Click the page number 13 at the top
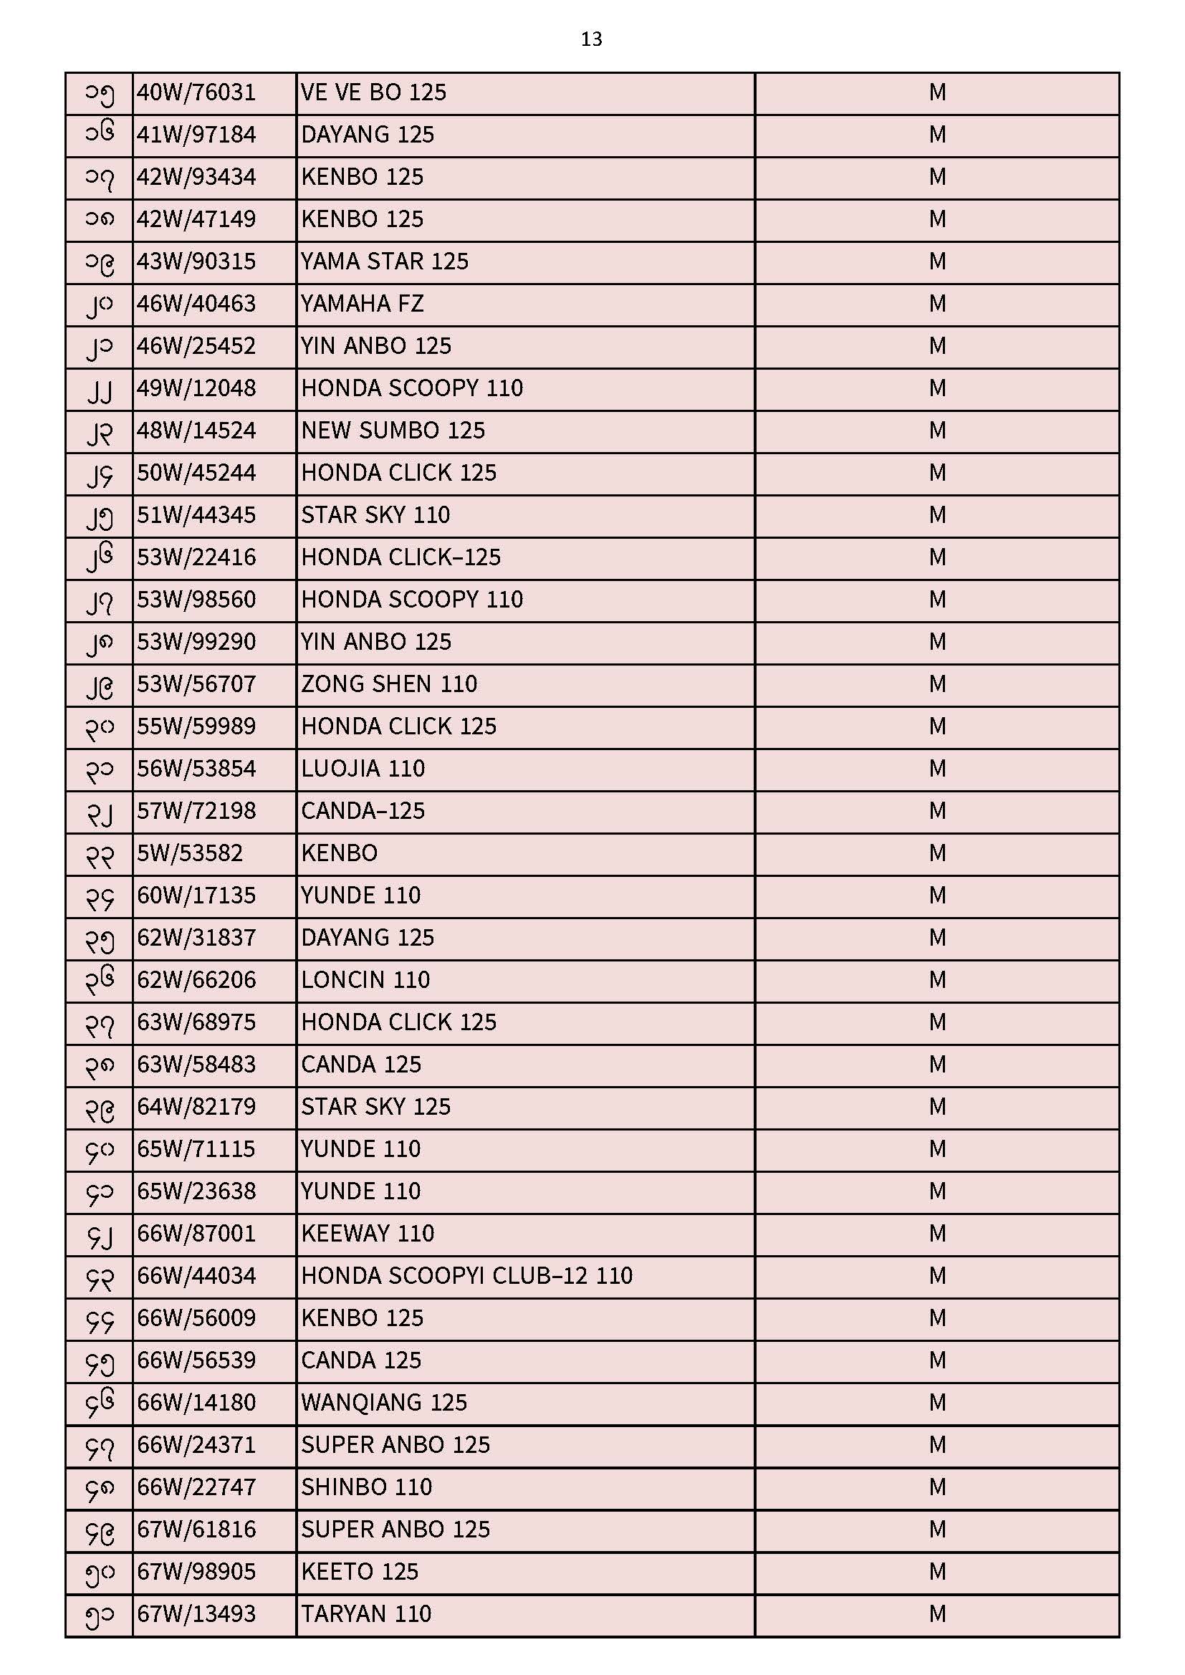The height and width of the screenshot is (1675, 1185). point(591,39)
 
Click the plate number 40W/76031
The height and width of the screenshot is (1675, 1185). point(196,92)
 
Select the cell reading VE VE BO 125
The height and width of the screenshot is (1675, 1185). point(373,92)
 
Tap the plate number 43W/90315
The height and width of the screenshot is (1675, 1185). point(196,262)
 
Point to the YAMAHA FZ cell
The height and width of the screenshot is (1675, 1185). point(362,304)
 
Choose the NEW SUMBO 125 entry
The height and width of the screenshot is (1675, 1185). point(393,431)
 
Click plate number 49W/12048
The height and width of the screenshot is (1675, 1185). point(196,388)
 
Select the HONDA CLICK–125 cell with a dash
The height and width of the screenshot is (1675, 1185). point(400,557)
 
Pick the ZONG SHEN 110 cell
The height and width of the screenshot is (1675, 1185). point(389,684)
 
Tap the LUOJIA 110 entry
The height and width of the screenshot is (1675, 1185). point(363,769)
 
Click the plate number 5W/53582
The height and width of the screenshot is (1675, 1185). point(190,853)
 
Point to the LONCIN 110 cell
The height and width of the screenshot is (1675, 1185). point(365,980)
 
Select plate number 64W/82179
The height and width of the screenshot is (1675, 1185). point(196,1107)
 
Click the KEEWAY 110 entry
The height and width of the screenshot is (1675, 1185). point(368,1234)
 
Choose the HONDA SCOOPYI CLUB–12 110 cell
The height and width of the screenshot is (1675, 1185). point(466,1276)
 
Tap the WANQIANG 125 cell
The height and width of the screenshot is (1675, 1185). point(384,1402)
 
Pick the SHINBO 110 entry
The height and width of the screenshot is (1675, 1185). point(366,1487)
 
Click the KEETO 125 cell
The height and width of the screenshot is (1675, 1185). point(360,1571)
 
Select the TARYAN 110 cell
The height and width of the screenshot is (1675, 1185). point(366,1613)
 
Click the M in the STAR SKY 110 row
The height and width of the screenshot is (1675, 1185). point(937,515)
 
